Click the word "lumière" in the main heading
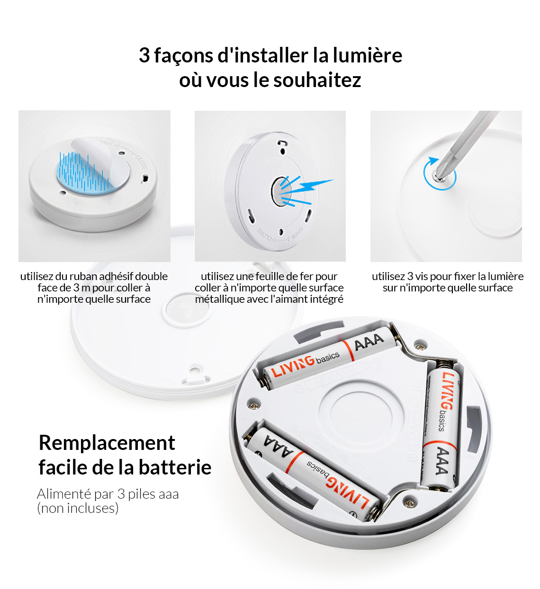point(367,55)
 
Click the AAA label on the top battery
point(369,342)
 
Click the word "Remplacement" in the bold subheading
point(107,443)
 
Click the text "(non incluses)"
point(78,508)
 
